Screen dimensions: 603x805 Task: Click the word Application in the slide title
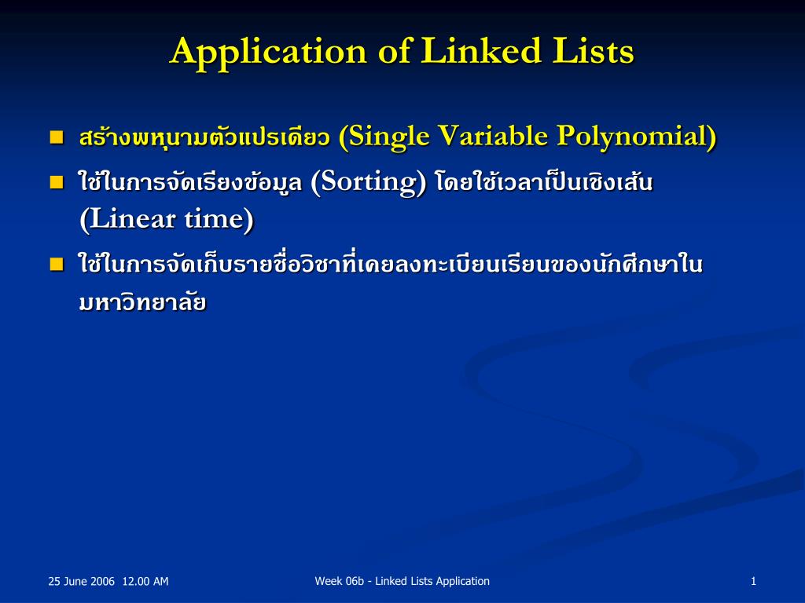point(268,53)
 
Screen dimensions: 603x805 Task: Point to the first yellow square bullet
point(56,137)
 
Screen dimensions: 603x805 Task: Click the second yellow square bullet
point(56,183)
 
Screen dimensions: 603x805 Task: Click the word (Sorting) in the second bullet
point(369,183)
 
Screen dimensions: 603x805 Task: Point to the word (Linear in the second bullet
point(127,220)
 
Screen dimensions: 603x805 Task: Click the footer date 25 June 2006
point(81,582)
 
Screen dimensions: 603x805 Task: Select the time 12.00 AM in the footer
point(146,582)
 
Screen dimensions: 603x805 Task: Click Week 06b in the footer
point(340,581)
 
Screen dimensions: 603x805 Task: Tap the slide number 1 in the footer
point(753,581)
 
